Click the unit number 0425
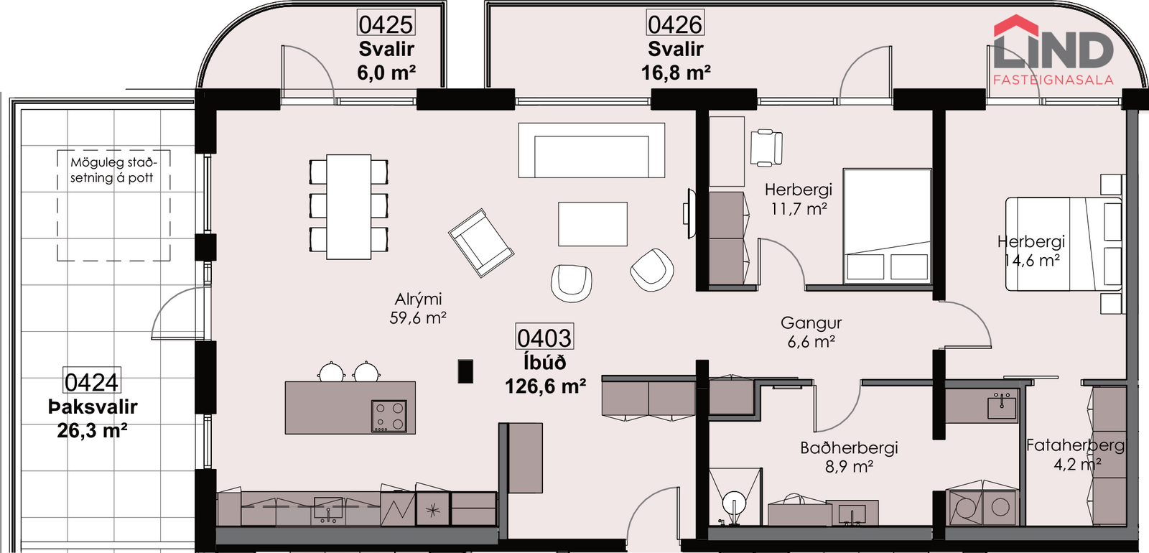click(386, 24)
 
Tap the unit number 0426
click(674, 24)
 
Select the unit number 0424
click(91, 381)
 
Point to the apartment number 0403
click(544, 338)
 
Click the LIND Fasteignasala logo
click(1053, 50)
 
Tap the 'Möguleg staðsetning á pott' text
click(112, 169)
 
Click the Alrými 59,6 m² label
click(418, 308)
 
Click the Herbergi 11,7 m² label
click(798, 199)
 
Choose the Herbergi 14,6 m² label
click(1031, 251)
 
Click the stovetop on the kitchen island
click(389, 416)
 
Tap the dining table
click(349, 207)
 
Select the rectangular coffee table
click(592, 224)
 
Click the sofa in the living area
click(592, 150)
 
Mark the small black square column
click(465, 371)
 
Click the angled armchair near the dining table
click(481, 243)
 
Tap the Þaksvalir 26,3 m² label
click(93, 419)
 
